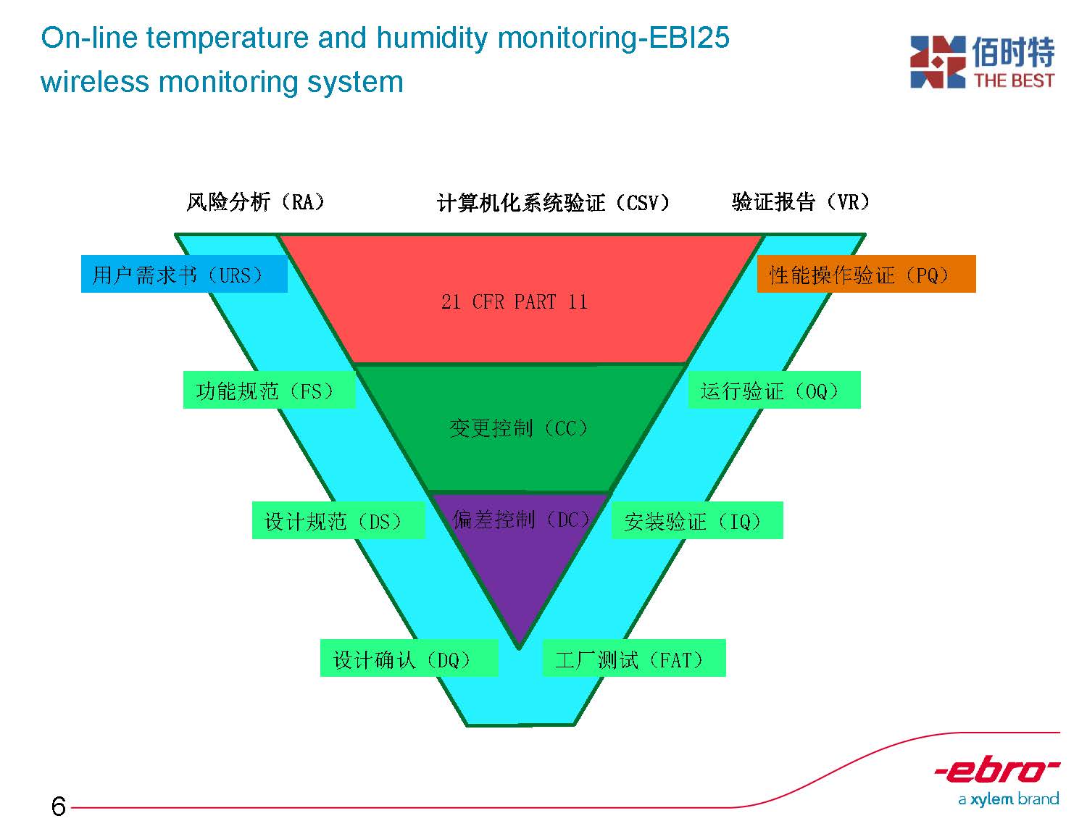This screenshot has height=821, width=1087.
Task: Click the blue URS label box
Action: click(184, 273)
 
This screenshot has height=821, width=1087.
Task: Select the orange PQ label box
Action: click(866, 273)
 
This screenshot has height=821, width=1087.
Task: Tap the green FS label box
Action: click(269, 389)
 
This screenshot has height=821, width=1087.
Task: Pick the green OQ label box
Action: click(774, 389)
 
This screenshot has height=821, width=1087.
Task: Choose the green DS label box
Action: click(338, 520)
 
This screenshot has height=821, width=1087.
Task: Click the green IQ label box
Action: click(697, 520)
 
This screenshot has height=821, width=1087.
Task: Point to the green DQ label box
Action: click(409, 657)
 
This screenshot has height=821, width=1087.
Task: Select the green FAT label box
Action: click(634, 657)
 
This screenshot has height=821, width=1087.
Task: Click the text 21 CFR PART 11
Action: click(515, 301)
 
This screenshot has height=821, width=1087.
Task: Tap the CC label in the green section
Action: click(518, 428)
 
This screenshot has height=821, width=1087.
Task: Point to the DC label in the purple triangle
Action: click(521, 519)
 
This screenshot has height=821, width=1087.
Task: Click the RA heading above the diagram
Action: click(255, 201)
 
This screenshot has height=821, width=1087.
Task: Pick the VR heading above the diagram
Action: click(800, 201)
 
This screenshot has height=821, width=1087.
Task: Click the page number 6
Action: click(59, 806)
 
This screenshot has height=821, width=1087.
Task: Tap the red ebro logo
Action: click(996, 769)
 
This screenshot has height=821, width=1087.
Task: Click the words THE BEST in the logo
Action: click(1014, 80)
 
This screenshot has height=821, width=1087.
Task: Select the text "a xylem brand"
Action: click(1008, 799)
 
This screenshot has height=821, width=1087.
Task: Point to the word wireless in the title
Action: click(95, 82)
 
